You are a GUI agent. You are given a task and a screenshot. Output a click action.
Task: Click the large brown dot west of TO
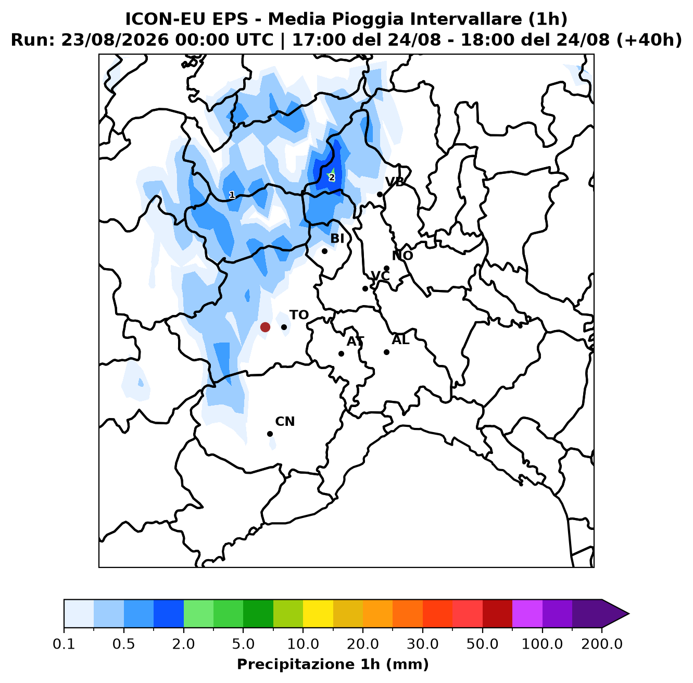coord(265,327)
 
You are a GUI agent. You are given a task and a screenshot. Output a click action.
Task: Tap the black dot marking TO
coord(284,327)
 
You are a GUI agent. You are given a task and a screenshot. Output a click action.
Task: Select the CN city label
coord(285,421)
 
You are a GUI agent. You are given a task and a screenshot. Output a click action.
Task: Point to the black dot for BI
coord(324,251)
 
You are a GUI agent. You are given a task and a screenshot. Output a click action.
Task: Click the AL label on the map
coord(400,339)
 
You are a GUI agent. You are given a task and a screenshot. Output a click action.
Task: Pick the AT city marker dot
coord(341,353)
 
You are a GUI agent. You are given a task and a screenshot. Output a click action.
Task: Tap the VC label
coord(380,276)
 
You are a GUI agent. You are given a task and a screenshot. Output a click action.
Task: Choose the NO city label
coord(402,256)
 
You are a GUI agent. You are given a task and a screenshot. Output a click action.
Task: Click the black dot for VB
coord(380,195)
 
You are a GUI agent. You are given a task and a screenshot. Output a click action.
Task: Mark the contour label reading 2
coord(332,178)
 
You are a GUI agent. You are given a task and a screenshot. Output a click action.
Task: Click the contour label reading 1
coord(232,195)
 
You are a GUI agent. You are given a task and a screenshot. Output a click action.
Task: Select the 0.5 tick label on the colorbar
coord(124,644)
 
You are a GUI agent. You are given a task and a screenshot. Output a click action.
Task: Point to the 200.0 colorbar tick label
coord(602,644)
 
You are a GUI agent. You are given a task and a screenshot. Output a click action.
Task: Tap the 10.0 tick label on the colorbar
coord(303,644)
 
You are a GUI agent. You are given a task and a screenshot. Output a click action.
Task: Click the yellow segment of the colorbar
coord(318,614)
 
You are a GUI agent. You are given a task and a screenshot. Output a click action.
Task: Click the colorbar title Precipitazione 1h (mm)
coord(333,664)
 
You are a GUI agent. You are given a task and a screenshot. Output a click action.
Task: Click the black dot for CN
coord(270,434)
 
